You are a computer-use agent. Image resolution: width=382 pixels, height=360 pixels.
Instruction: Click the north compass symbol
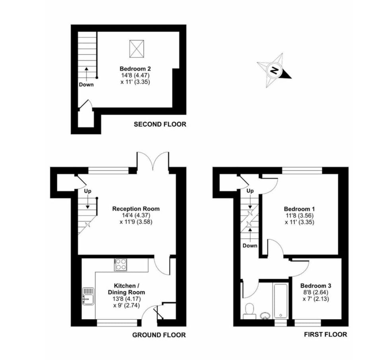tap(274, 70)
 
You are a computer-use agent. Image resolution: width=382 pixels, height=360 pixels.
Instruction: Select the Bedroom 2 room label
tap(135, 68)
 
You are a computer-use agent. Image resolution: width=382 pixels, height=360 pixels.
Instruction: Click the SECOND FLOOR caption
tap(160, 125)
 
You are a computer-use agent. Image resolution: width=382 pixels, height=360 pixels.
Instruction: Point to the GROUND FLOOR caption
tap(159, 335)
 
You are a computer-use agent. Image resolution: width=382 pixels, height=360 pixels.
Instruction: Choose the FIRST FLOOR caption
tap(325, 335)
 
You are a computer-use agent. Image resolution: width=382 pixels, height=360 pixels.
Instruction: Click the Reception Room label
tap(136, 209)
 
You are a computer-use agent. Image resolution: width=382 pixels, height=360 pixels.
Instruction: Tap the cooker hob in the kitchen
tap(121, 265)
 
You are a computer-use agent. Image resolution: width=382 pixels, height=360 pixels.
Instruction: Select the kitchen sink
tap(88, 296)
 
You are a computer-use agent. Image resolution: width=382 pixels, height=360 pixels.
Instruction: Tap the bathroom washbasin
tap(265, 316)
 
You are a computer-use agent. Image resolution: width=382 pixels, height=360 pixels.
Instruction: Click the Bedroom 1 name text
tap(299, 209)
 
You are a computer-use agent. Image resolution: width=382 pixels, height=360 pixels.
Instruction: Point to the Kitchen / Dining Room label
tap(127, 289)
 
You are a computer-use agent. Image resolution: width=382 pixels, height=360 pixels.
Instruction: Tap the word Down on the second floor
tap(86, 84)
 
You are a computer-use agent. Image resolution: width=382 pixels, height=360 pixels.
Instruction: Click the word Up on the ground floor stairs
tap(88, 191)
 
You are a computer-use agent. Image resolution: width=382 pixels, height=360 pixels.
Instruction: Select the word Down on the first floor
tap(250, 245)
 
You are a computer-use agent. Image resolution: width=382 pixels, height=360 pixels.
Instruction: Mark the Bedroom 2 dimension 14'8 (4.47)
tap(135, 75)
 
